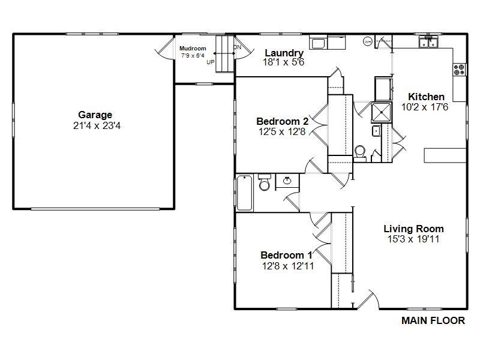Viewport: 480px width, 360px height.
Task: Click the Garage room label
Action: point(95,115)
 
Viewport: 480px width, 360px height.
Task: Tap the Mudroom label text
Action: point(193,49)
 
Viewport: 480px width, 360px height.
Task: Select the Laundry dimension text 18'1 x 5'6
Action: point(283,62)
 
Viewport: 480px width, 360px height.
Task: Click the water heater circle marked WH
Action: point(367,41)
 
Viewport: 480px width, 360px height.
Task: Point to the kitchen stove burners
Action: point(459,70)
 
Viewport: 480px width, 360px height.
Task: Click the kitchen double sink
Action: point(428,42)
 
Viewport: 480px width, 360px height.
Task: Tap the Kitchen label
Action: point(426,97)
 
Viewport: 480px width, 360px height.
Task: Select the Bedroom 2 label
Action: point(282,121)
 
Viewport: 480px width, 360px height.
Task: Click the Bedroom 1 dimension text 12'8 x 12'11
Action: point(288,266)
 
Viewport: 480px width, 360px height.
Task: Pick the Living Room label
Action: point(413,229)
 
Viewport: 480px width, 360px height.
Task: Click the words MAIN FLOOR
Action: point(433,320)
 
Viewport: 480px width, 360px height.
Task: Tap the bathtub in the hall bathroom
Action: point(245,193)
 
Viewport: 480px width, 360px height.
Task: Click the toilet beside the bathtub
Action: point(264,182)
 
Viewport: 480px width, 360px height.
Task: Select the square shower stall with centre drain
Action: point(382,112)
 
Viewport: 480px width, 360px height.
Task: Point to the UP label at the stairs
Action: point(211,62)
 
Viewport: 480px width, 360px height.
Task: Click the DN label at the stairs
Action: point(237,47)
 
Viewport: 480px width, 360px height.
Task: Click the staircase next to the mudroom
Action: point(225,54)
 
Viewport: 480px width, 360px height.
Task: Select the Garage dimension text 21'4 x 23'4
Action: point(97,126)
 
